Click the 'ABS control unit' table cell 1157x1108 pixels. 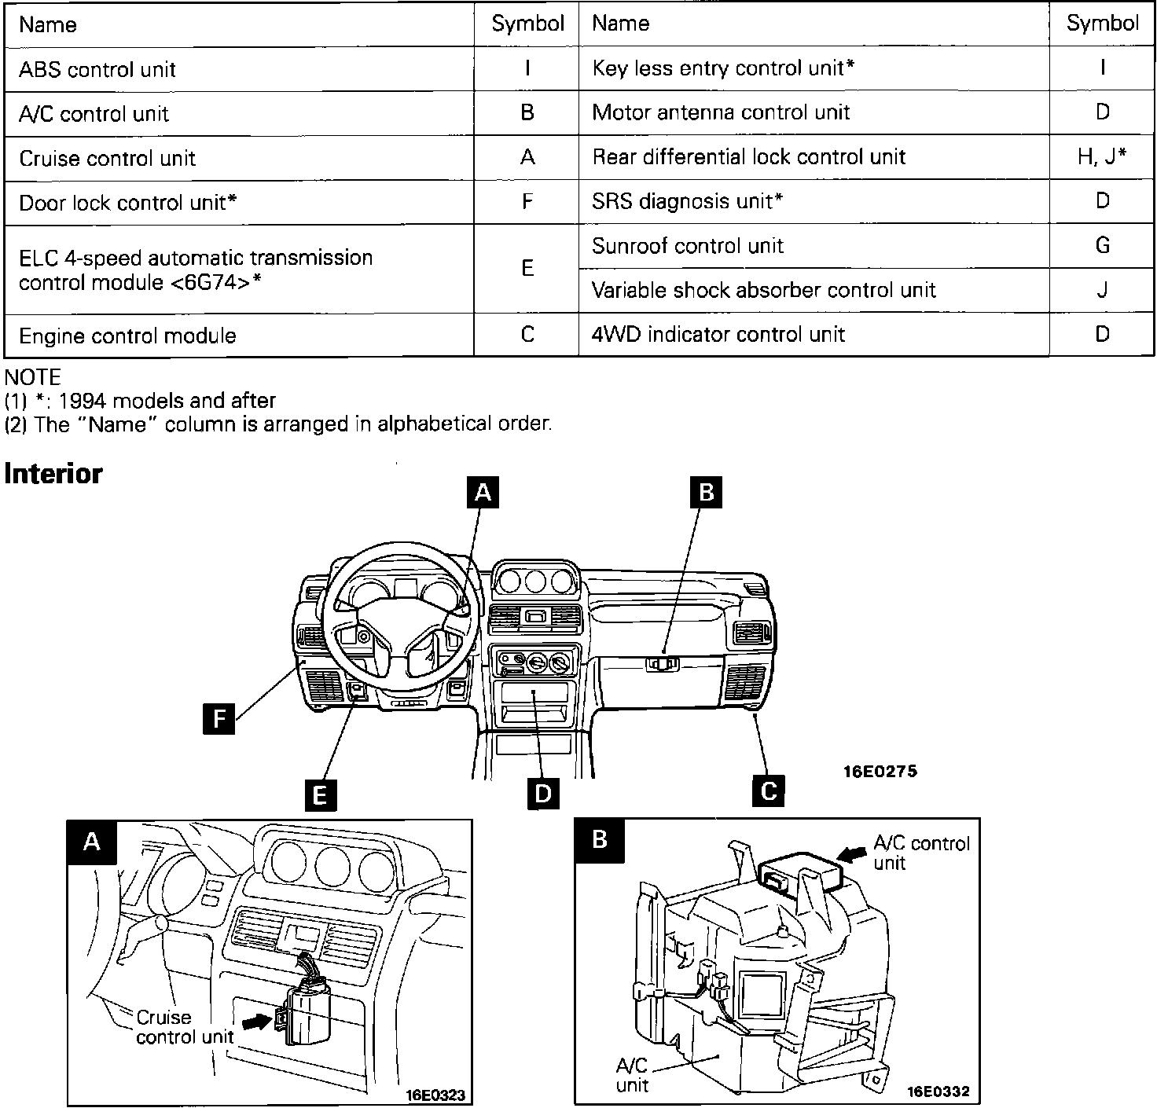pyautogui.click(x=97, y=69)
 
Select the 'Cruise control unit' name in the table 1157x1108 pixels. pyautogui.click(x=107, y=158)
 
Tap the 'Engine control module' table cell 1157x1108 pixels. pyautogui.click(x=127, y=336)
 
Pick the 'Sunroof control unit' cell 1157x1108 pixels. pyautogui.click(x=687, y=246)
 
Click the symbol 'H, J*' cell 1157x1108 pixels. pyautogui.click(x=1102, y=157)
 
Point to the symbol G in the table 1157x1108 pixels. pyautogui.click(x=1102, y=246)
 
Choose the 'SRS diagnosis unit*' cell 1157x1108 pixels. pyautogui.click(x=687, y=201)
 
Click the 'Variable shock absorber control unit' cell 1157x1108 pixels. pyautogui.click(x=763, y=290)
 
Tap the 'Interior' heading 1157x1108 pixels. pyautogui.click(x=53, y=474)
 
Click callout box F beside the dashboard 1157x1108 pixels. pyautogui.click(x=219, y=718)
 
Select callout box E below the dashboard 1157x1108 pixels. pyautogui.click(x=320, y=795)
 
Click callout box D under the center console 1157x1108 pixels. pyautogui.click(x=543, y=794)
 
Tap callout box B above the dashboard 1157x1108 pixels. pyautogui.click(x=706, y=492)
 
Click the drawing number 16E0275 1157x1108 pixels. pyautogui.click(x=880, y=771)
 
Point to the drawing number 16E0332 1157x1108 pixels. pyautogui.click(x=938, y=1091)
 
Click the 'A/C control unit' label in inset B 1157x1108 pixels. pyautogui.click(x=921, y=853)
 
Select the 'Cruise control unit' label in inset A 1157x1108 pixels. pyautogui.click(x=184, y=1027)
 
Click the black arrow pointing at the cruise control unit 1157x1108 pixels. pyautogui.click(x=256, y=1021)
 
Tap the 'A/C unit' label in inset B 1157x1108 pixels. pyautogui.click(x=632, y=1076)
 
